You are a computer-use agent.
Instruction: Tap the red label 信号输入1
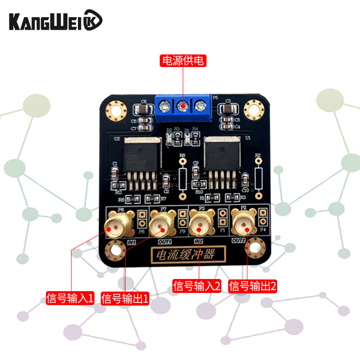pos(70,298)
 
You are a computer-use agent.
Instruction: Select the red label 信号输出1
pos(125,298)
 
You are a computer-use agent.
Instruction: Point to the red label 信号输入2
pos(197,286)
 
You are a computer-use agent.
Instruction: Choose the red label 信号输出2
pos(252,286)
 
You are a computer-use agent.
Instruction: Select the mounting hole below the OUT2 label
pos(255,248)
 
